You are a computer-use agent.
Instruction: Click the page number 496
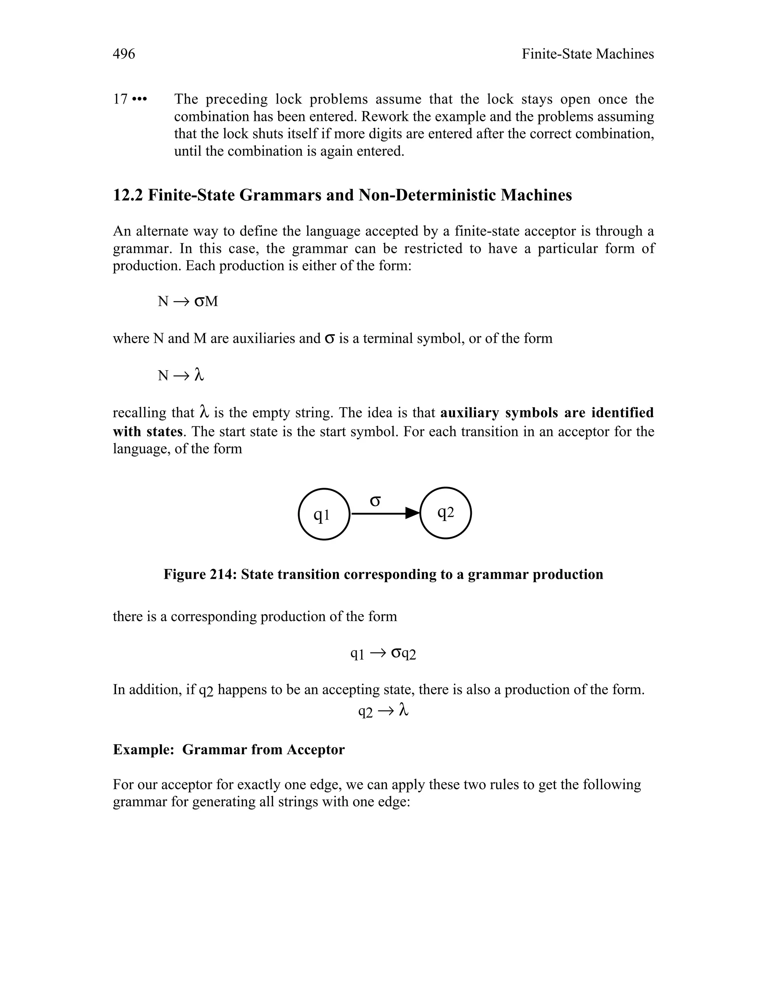point(124,54)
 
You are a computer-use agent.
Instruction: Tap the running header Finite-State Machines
point(587,54)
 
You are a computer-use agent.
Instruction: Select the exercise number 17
point(120,99)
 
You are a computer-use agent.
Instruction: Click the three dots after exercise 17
point(139,99)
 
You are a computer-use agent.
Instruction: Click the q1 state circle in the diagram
point(324,514)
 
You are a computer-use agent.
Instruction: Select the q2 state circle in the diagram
point(445,513)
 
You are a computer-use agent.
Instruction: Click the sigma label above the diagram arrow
point(375,501)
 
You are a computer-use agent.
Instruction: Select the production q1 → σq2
point(383,654)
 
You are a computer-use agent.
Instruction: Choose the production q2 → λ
point(383,711)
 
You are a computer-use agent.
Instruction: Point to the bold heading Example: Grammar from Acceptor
point(228,749)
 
